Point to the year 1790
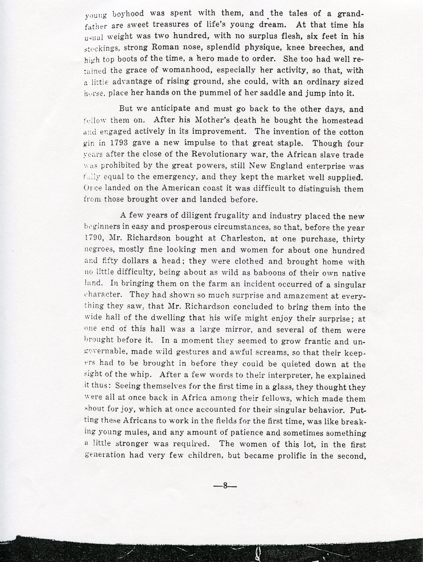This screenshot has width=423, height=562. [x=93, y=238]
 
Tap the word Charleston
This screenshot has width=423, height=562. [x=242, y=238]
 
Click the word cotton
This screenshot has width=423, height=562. [x=352, y=132]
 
